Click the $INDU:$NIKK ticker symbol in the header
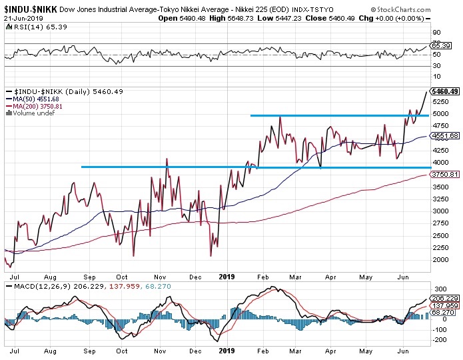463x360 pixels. pos(29,9)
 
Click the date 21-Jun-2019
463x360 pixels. pos(21,18)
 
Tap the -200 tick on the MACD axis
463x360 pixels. pos(438,340)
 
